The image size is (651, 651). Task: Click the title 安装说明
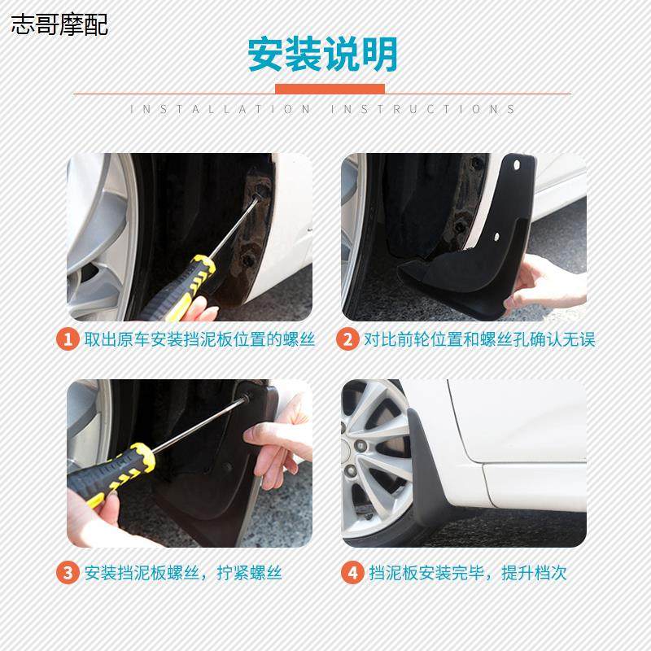pos(323,55)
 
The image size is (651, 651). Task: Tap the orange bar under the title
pos(330,88)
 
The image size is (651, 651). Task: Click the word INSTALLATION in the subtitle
pos(221,109)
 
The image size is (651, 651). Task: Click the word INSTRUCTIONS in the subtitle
pos(423,109)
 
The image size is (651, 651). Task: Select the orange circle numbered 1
pos(68,339)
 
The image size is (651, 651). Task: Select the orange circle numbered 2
pos(347,339)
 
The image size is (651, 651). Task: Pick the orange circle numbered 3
pos(68,572)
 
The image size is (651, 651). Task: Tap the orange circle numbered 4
pos(352,572)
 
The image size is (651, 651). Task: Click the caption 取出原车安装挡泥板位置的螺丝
pos(199,339)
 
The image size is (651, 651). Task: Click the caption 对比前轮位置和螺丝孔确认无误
pos(478,339)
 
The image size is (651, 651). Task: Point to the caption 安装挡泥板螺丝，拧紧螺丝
pos(182,572)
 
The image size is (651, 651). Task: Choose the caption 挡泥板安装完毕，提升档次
pos(467,572)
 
